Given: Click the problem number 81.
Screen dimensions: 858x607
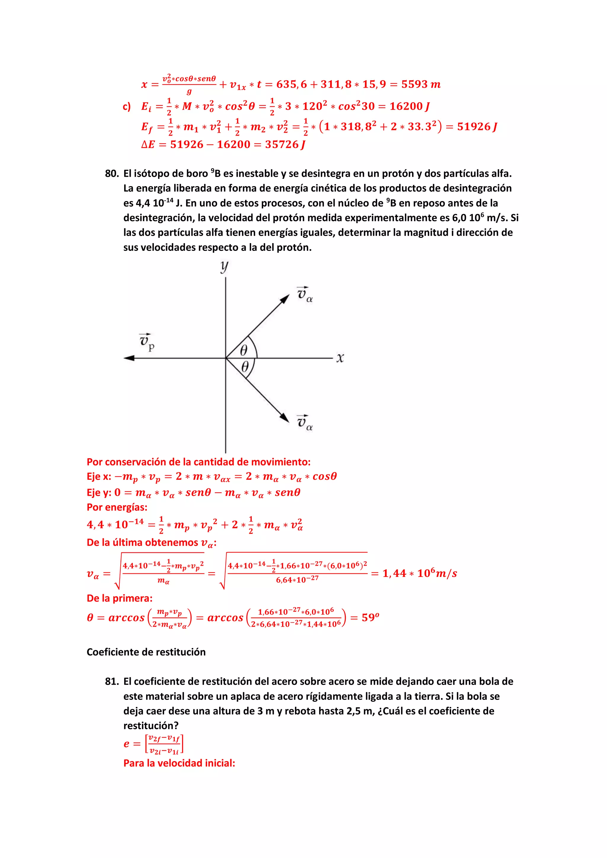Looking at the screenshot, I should (111, 681).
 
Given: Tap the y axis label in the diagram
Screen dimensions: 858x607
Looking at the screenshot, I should (224, 267).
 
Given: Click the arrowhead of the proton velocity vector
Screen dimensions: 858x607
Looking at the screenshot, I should (129, 358).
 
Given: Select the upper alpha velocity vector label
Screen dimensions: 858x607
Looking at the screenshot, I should (304, 294).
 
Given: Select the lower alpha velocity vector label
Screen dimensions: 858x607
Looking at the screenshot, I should (304, 423).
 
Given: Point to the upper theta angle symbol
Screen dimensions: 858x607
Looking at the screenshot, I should (243, 350).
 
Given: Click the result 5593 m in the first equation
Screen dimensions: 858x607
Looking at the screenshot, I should (421, 84).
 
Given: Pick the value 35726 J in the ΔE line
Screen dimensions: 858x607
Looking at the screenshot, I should (285, 145).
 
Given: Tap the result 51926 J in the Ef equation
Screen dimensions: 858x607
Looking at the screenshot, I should (477, 127).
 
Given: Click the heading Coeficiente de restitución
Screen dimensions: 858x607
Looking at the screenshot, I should (146, 652).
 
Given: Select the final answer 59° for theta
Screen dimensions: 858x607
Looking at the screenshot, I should (370, 617).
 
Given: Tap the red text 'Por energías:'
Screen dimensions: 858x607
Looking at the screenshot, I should (117, 507).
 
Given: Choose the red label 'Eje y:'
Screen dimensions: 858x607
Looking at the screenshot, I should (99, 493).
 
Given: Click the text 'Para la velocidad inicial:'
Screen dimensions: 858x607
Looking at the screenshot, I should (179, 763).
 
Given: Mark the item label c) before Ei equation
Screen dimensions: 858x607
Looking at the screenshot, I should (127, 107).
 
